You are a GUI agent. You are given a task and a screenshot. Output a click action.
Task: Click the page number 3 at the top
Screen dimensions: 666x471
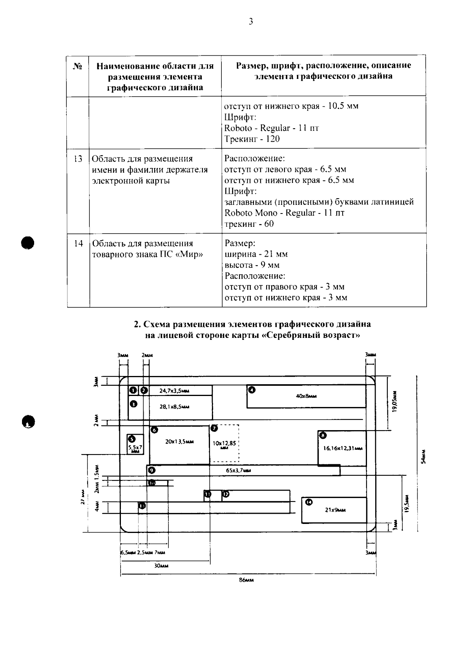(251, 22)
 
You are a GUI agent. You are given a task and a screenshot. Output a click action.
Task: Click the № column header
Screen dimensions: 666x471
(78, 66)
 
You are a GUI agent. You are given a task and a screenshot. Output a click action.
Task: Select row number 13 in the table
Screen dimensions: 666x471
(78, 159)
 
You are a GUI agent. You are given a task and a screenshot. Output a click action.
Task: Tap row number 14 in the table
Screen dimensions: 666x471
(78, 243)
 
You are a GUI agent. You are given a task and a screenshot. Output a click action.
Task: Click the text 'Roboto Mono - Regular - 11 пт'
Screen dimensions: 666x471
(285, 213)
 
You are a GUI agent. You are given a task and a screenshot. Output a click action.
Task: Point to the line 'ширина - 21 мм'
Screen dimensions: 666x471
(256, 254)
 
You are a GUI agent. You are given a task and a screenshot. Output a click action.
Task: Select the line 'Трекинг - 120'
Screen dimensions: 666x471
(252, 139)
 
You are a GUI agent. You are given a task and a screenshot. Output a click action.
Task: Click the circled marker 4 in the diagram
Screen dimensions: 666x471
(252, 390)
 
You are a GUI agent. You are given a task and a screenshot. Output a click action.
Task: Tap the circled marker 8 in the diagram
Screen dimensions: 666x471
(323, 435)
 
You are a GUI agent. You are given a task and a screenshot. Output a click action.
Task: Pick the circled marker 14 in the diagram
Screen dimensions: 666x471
(309, 502)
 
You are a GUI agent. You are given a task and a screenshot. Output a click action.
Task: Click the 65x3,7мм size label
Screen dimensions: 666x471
(239, 470)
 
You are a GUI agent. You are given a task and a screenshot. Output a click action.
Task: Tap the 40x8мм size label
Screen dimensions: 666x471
(306, 396)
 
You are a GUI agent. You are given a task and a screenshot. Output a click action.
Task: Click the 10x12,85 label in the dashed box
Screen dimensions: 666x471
(224, 443)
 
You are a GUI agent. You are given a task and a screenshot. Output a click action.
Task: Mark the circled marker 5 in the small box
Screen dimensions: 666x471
(131, 439)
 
